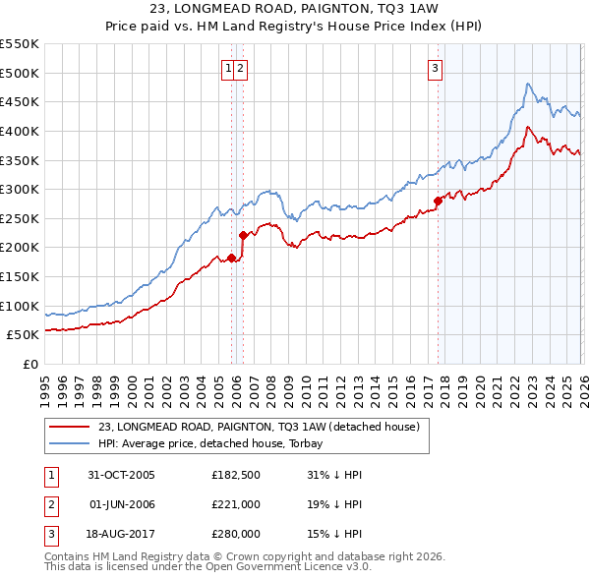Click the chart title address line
[295, 10]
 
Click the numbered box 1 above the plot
[228, 68]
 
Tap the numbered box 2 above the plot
[240, 68]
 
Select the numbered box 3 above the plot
[434, 68]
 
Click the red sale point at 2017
[438, 201]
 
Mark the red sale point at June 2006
[243, 235]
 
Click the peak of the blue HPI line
[528, 85]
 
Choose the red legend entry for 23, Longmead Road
[260, 427]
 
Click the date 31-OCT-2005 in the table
[121, 475]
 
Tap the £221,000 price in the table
[235, 504]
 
